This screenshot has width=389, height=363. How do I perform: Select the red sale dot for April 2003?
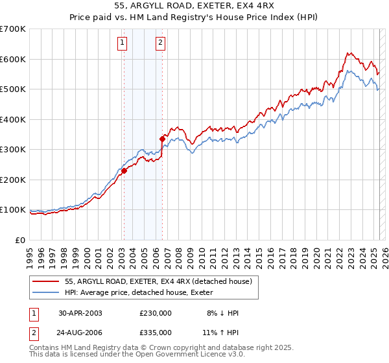(124, 170)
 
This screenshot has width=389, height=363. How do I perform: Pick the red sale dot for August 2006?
(162, 137)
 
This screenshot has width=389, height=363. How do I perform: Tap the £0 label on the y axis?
(20, 240)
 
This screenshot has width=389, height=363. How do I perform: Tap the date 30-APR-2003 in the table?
(80, 312)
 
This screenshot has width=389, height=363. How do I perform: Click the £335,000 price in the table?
(156, 332)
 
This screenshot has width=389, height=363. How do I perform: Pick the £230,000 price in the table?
(156, 312)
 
